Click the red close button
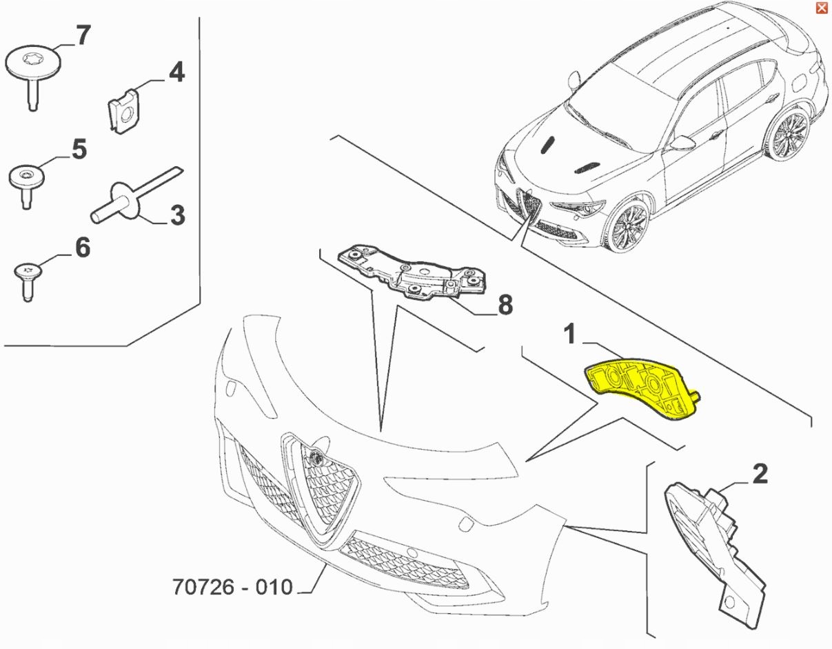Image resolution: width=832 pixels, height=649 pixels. click(x=821, y=8)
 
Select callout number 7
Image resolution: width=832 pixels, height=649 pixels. click(x=83, y=35)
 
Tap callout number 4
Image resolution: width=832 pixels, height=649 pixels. click(x=176, y=72)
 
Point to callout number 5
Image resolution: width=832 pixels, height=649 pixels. click(x=79, y=150)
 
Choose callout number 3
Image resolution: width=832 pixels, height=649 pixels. click(x=177, y=215)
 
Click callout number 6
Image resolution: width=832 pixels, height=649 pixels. click(x=83, y=248)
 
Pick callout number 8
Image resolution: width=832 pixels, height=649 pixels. click(x=505, y=305)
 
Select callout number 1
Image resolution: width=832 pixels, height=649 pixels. click(x=570, y=334)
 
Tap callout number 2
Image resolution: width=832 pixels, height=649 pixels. click(x=760, y=474)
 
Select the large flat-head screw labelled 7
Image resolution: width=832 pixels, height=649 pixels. click(x=33, y=73)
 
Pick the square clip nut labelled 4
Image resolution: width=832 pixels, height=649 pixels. click(x=123, y=111)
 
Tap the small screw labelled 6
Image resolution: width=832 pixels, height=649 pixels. click(x=28, y=281)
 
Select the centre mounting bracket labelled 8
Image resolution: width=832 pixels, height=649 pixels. click(x=411, y=273)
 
